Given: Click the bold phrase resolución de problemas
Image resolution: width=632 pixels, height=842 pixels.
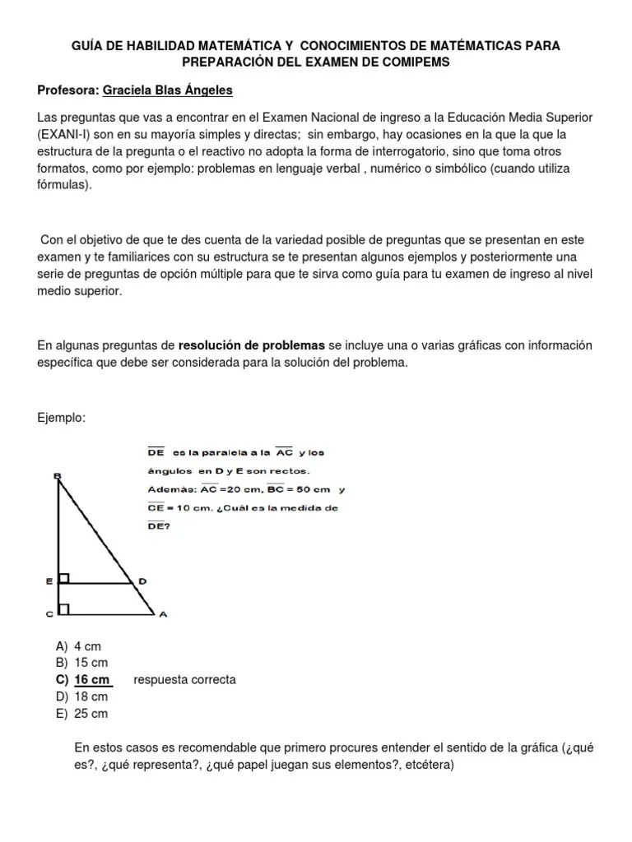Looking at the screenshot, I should (x=251, y=345).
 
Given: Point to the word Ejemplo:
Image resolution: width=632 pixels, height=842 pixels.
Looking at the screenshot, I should (x=62, y=418).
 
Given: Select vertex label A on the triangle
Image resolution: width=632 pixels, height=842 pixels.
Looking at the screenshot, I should (x=162, y=613).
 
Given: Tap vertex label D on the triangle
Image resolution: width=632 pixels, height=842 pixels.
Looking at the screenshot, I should (x=142, y=581).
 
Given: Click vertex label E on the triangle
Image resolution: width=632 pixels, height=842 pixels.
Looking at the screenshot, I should (x=49, y=581).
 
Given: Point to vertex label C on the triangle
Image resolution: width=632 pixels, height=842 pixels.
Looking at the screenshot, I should (x=49, y=613).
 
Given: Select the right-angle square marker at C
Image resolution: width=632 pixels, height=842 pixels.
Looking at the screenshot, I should (x=64, y=609).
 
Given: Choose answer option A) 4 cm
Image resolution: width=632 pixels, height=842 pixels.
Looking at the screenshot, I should (x=78, y=647).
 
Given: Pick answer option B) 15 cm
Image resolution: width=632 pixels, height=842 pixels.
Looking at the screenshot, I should (x=81, y=664).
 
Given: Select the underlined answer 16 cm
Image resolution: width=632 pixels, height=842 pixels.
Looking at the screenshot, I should (x=91, y=680).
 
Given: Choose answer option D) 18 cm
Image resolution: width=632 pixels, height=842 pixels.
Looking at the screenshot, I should (x=81, y=697).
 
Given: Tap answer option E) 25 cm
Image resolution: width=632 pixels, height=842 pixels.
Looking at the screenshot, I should (x=81, y=714).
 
